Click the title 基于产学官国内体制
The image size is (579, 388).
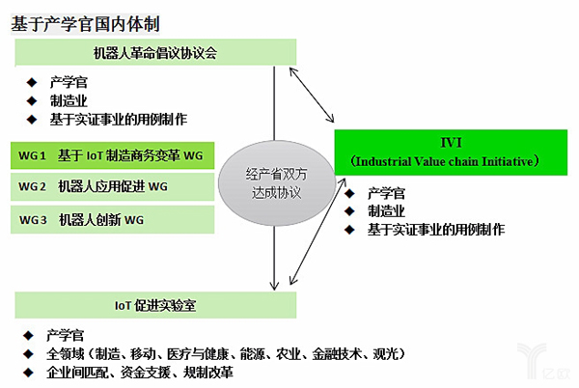[x=85, y=24]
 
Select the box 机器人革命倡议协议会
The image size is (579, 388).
[x=155, y=52]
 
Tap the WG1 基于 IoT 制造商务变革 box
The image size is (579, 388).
[x=112, y=155]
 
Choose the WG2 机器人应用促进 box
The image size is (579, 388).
[x=112, y=187]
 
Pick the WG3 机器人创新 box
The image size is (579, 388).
[x=112, y=220]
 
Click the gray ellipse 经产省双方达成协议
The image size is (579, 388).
[x=277, y=183]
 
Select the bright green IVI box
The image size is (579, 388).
[x=451, y=152]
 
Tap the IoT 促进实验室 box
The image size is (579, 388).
[x=155, y=305]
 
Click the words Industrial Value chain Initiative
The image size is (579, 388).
[x=445, y=162]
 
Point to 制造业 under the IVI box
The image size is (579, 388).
[x=386, y=211]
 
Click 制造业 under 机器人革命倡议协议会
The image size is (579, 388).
[x=69, y=100]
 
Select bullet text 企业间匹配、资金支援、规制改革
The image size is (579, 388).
[x=140, y=373]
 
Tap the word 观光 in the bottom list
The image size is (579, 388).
[x=385, y=354]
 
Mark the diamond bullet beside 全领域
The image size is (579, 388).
[x=28, y=354]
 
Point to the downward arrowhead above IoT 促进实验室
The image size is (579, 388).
[x=274, y=285]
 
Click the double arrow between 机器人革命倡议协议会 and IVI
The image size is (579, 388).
[x=312, y=95]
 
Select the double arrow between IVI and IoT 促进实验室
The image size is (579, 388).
[x=317, y=232]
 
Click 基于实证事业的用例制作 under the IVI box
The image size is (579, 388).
[x=436, y=230]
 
